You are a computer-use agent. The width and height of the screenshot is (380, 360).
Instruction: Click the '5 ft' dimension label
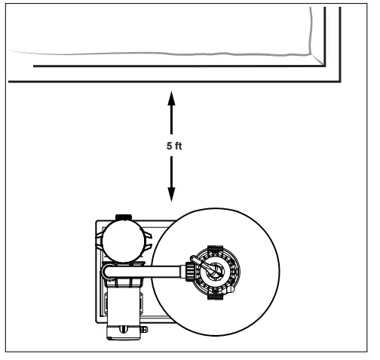click(x=174, y=146)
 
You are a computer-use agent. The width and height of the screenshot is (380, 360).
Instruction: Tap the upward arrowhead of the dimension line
click(x=173, y=97)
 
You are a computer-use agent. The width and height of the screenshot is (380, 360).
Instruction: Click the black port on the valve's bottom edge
click(x=214, y=294)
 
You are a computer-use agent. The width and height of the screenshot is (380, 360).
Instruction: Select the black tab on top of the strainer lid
click(x=124, y=218)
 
